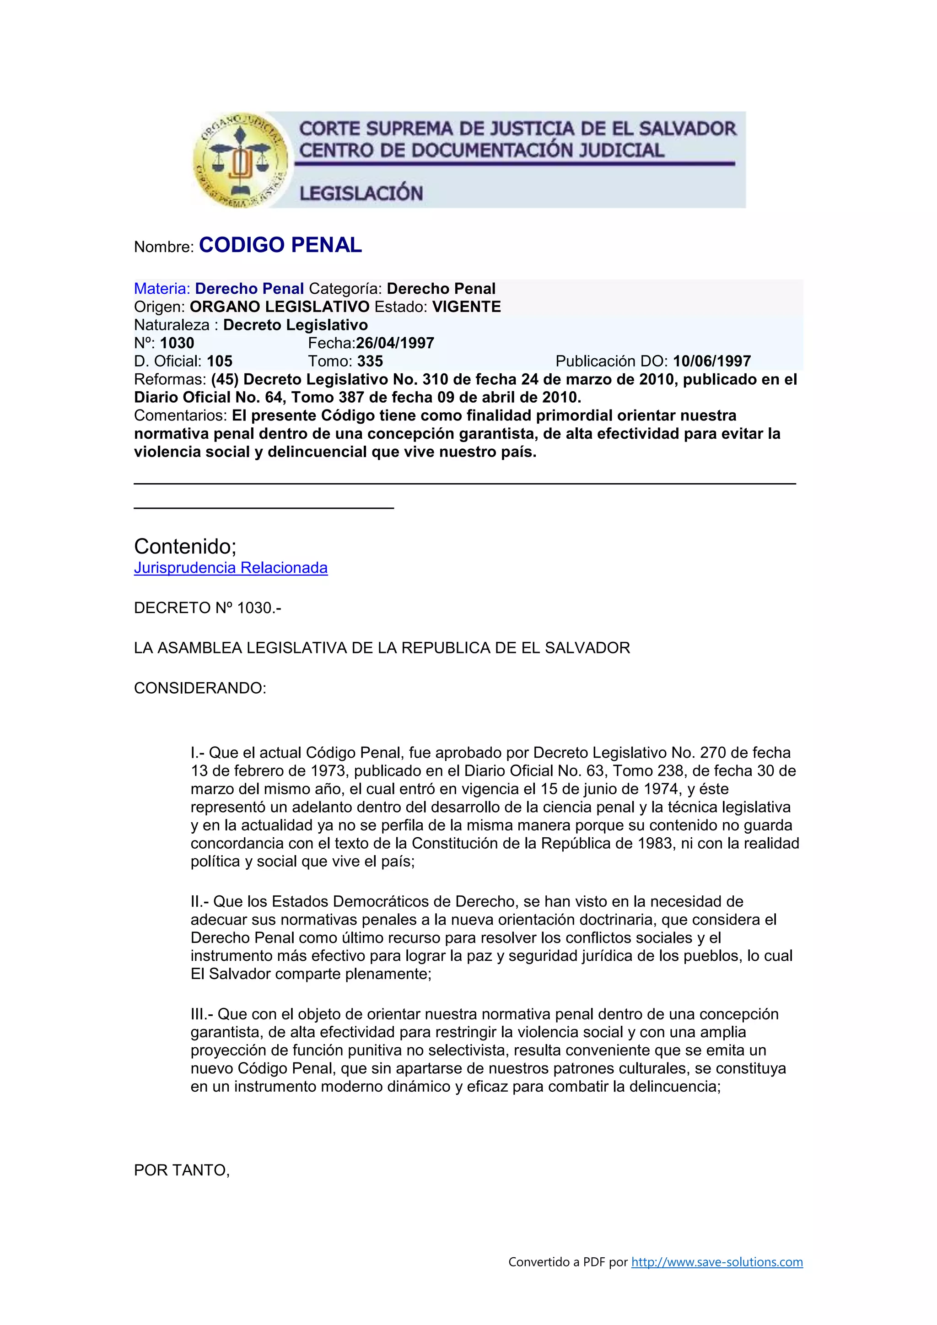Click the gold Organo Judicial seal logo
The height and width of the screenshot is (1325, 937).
coord(240,160)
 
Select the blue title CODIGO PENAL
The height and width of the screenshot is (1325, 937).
coord(280,245)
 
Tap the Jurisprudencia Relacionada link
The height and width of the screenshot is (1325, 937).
coord(231,568)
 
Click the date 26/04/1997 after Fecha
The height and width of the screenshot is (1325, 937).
coord(395,343)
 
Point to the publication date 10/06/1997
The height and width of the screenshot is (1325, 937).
coord(712,361)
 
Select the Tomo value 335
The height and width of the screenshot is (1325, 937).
coord(370,361)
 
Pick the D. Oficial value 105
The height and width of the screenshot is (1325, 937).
coord(219,361)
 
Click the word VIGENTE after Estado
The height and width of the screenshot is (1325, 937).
coord(467,307)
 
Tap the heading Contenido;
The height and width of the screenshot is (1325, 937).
coord(185,546)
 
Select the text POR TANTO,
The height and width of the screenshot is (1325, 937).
coord(182,1170)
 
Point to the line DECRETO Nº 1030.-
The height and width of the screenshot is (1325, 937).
coord(208,608)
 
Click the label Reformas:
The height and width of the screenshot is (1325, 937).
coord(170,380)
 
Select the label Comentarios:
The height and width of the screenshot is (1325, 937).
coord(181,415)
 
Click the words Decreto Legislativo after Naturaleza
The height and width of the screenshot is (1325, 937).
coord(296,325)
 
